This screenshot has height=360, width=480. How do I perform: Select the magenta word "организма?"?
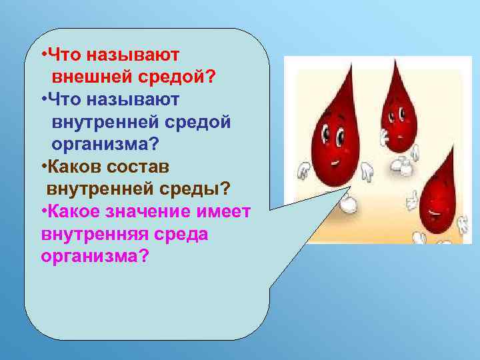pos(94,257)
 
